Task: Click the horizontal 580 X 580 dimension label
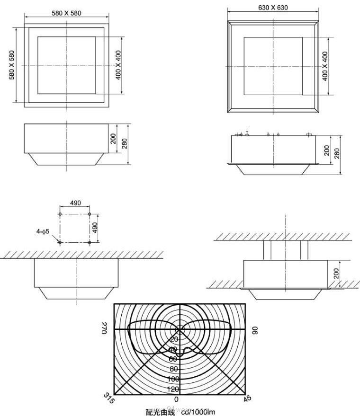tap(66, 13)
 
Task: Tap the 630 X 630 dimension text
tap(273, 8)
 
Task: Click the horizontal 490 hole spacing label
tap(75, 203)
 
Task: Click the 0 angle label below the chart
tap(177, 400)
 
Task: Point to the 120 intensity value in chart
tap(173, 389)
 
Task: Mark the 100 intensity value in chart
tap(173, 379)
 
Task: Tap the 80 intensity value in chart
tap(174, 369)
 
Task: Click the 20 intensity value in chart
tap(174, 339)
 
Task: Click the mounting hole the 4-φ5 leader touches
tap(60, 242)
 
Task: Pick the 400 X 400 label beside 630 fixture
tap(325, 66)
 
